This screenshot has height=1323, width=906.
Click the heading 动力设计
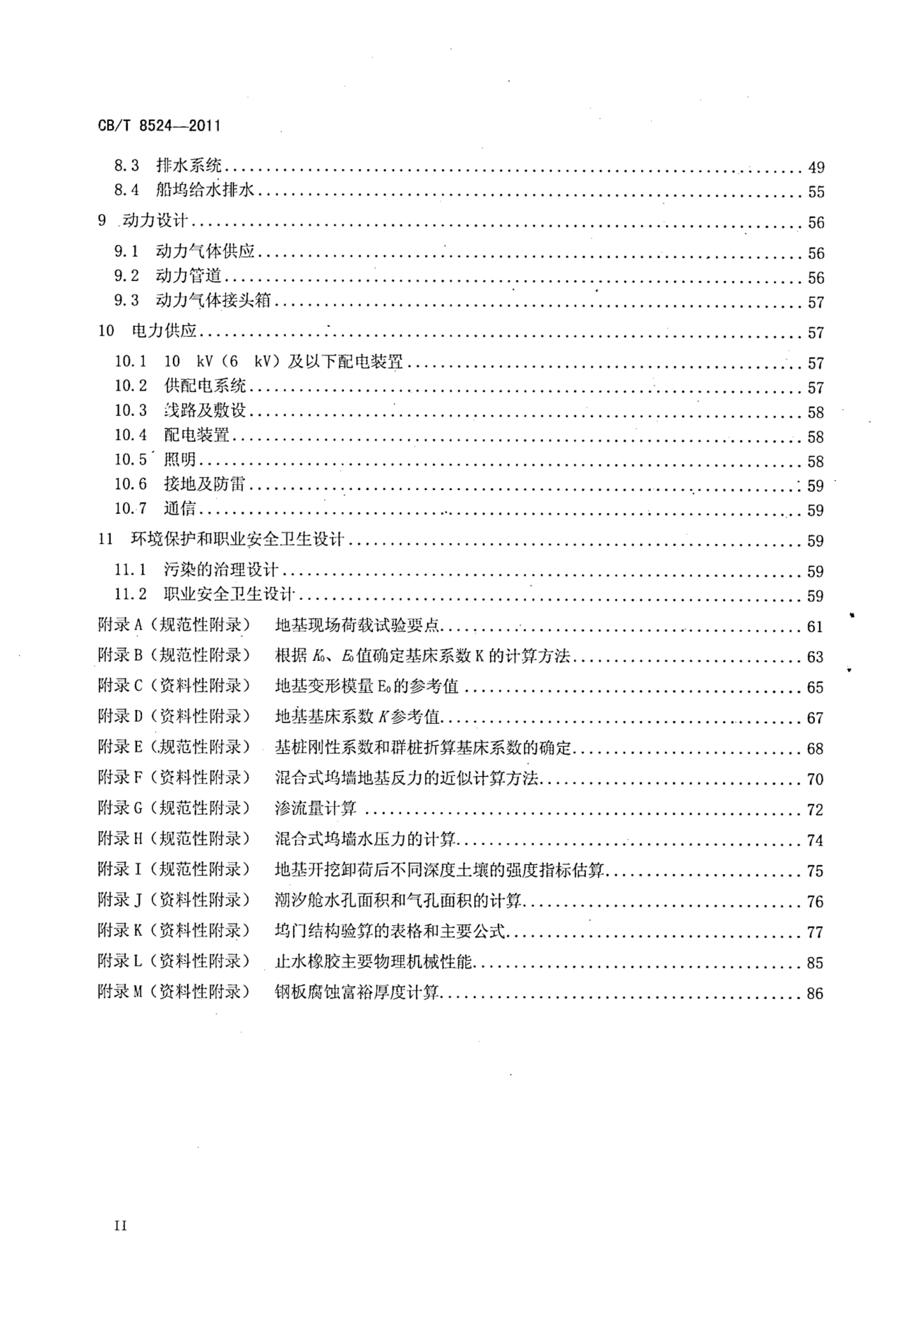155,221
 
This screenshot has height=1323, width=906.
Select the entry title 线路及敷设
205,411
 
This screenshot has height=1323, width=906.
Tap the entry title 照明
180,459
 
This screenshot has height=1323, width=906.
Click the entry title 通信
180,508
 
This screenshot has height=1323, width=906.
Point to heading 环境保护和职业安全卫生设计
238,539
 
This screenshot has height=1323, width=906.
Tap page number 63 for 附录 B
815,657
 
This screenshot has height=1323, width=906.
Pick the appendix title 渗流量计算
316,808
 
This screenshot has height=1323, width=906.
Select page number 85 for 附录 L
815,963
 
